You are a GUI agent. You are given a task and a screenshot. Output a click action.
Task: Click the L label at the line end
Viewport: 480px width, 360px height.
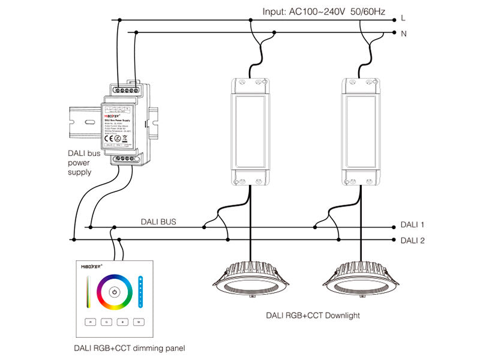coord(403,19)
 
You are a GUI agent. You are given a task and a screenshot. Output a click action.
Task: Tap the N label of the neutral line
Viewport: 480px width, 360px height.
coord(403,34)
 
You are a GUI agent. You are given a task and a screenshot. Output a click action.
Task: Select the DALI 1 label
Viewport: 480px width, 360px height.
coord(412,225)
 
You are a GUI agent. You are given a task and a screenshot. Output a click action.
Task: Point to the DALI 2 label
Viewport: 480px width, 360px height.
coord(412,240)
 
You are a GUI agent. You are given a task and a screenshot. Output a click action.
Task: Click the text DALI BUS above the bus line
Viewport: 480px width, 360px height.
coord(158,221)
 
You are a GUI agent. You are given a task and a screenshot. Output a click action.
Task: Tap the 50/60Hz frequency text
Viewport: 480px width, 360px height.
coord(365,11)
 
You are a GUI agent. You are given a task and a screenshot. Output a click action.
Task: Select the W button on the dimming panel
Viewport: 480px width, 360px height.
coord(138,322)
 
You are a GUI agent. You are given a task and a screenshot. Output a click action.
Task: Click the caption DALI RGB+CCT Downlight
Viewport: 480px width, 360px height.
coord(308,315)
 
